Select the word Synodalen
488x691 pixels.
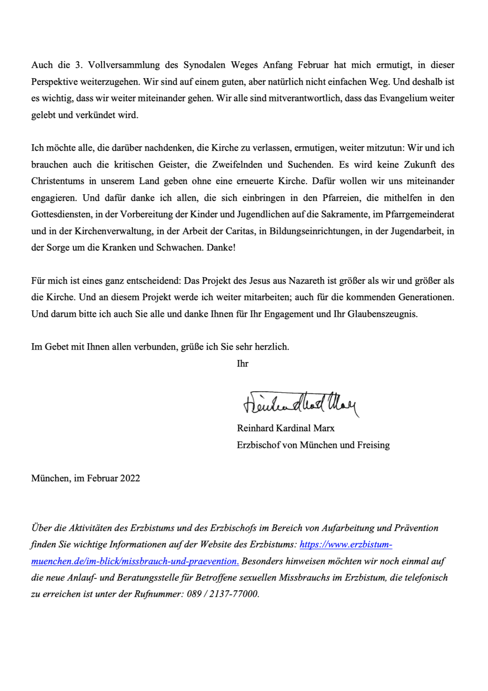(x=205, y=65)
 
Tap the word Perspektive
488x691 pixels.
(x=54, y=82)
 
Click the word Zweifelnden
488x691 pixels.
(x=237, y=165)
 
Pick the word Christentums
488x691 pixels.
(x=58, y=181)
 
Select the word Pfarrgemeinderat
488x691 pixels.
(x=420, y=214)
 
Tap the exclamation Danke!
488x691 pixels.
(x=221, y=248)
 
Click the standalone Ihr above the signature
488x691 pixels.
(x=243, y=364)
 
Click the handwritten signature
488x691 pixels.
(x=300, y=403)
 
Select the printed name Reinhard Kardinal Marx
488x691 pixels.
(x=286, y=428)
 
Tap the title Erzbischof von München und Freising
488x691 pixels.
(x=313, y=445)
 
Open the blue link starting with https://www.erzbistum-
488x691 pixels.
(x=346, y=544)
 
